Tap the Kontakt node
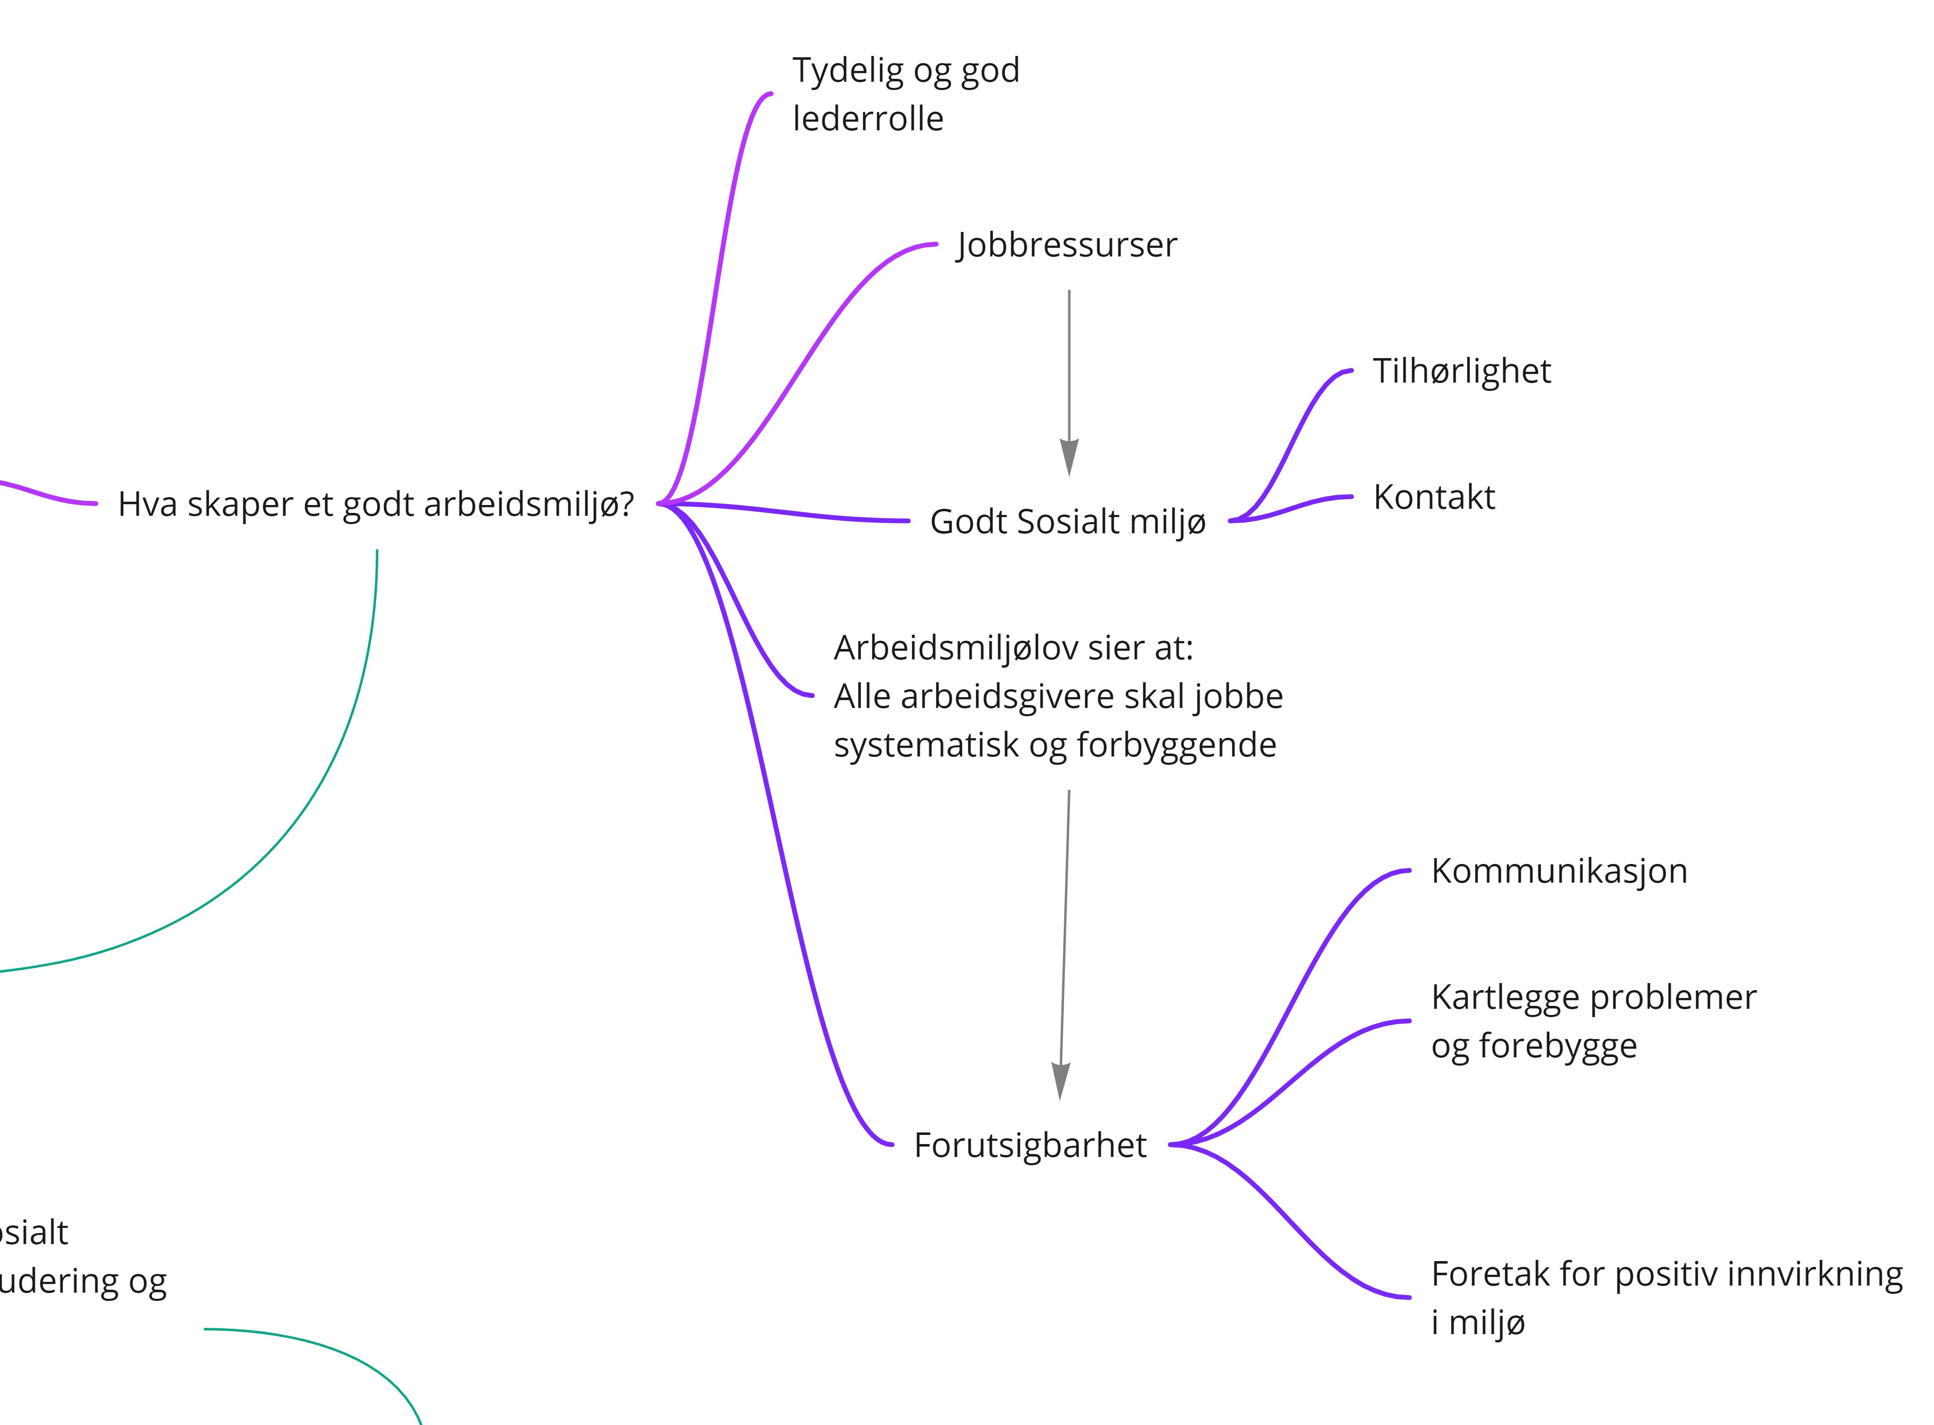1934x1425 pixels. [x=1433, y=498]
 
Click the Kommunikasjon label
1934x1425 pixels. [x=1559, y=871]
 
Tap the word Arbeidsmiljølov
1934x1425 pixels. [x=955, y=648]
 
